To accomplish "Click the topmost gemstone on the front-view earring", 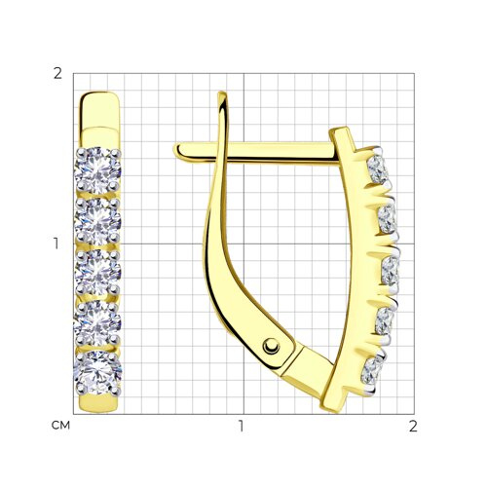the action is point(97,169).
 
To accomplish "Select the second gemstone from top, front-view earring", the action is point(97,221).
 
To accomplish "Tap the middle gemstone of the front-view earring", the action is point(97,272).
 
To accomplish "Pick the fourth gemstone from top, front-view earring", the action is point(97,323).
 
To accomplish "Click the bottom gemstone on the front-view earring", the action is point(97,373).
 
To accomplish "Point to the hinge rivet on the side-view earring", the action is point(271,346).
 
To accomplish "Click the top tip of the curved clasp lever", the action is point(222,93).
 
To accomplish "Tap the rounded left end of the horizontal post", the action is point(177,151).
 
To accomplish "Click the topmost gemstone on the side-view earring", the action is point(377,169).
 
